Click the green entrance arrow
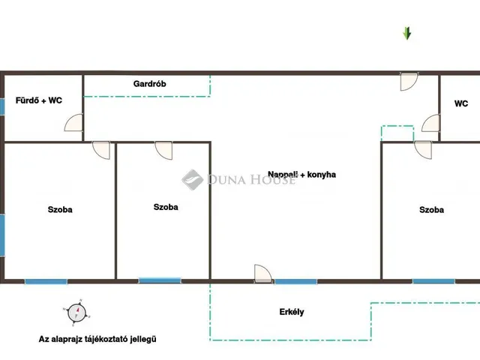[x=406, y=33]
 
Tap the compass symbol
[x=76, y=313]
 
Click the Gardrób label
[x=150, y=83]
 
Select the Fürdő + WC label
[x=39, y=100]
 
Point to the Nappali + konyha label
[x=301, y=175]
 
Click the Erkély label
[x=292, y=312]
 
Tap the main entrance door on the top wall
[x=409, y=82]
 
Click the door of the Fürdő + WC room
[x=73, y=122]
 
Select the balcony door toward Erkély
[x=263, y=273]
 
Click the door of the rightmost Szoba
[x=423, y=150]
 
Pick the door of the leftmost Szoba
[x=101, y=150]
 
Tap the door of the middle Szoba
[x=163, y=150]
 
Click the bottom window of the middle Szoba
[x=160, y=280]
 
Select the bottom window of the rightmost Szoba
[x=433, y=281]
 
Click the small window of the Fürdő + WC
[x=2, y=106]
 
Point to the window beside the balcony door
[x=295, y=281]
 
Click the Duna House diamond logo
[x=192, y=180]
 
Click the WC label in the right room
[x=461, y=103]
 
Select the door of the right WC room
[x=431, y=123]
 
